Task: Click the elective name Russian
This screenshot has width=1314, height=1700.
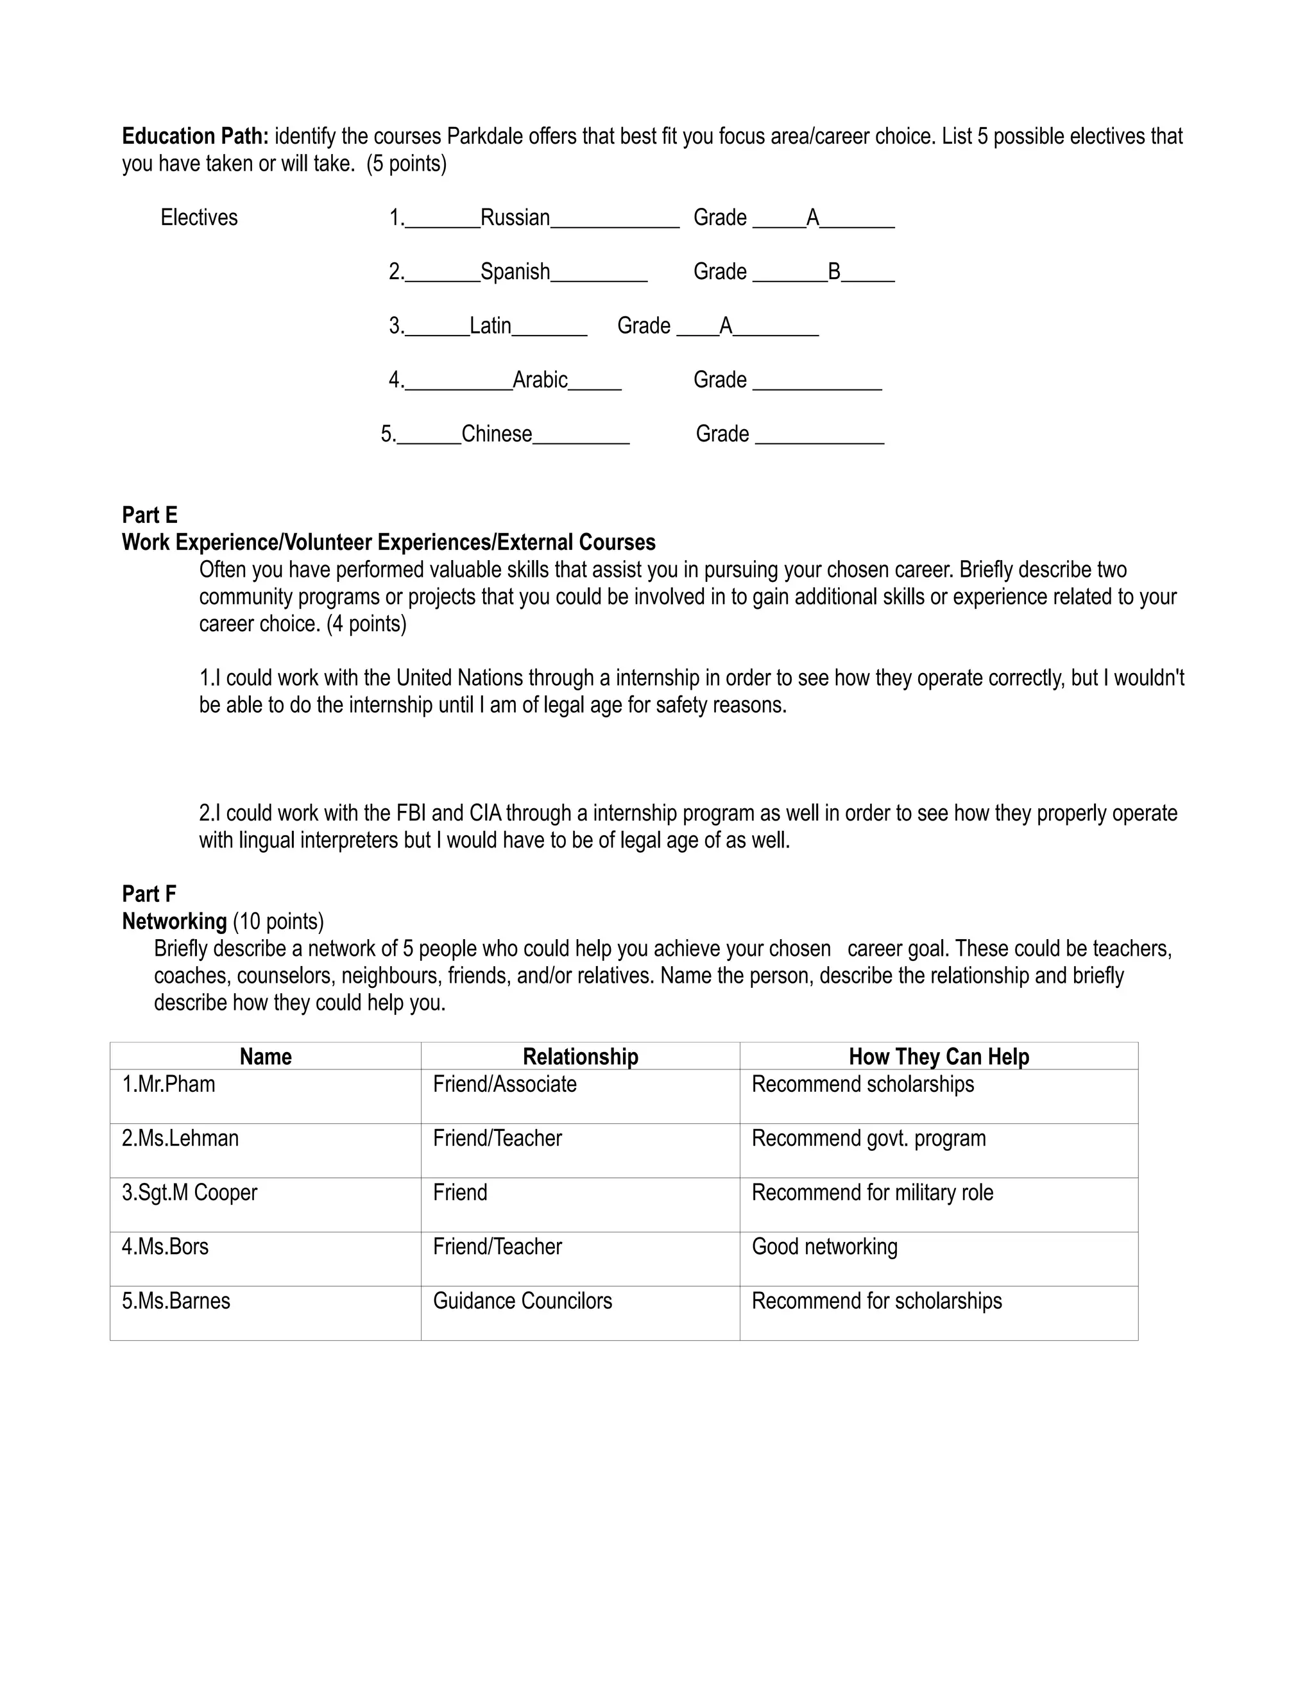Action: [515, 218]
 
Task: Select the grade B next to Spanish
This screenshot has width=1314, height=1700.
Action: [833, 271]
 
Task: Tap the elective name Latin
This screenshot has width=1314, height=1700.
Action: [490, 325]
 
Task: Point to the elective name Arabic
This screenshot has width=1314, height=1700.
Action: [540, 380]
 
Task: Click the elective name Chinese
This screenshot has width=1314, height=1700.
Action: [497, 434]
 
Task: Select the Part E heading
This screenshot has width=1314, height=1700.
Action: [149, 515]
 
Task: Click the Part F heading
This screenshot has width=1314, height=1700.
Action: [149, 894]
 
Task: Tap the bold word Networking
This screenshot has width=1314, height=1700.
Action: [175, 922]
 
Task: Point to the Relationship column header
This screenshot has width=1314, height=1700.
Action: [580, 1057]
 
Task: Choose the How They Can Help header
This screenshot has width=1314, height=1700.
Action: [938, 1057]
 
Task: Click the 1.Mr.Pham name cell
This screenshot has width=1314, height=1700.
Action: [168, 1084]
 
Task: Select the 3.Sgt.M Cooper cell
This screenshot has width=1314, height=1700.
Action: [189, 1193]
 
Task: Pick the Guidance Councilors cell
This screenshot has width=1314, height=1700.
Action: [522, 1301]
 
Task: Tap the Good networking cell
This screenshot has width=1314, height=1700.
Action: [824, 1247]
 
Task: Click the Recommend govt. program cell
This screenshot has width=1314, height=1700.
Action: [868, 1139]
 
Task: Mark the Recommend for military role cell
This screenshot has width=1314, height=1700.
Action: [872, 1193]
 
